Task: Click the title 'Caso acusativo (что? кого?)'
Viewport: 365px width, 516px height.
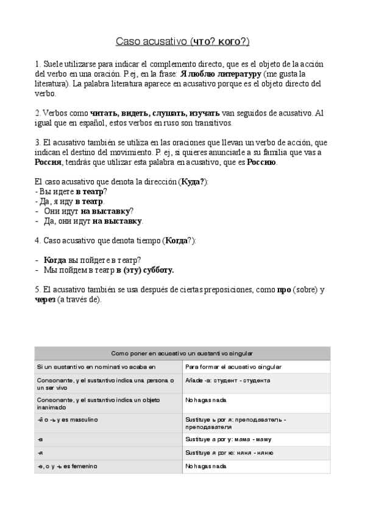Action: pos(182,41)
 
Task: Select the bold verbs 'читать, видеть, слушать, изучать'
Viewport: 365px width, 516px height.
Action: pos(155,113)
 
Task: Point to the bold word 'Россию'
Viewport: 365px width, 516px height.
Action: pos(261,162)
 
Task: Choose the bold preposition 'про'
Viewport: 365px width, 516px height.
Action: pos(284,290)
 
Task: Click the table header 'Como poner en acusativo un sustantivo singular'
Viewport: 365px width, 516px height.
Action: pos(182,353)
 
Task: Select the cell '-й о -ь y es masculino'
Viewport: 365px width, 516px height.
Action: pos(68,420)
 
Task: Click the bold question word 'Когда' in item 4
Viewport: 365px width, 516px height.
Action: pos(55,260)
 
